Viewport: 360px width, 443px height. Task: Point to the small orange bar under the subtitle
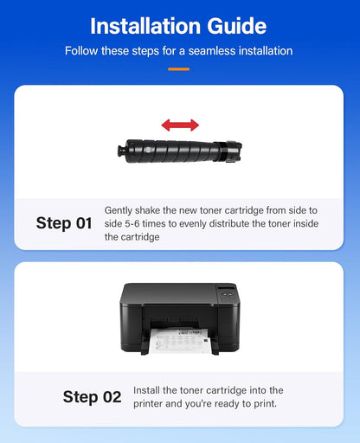(179, 68)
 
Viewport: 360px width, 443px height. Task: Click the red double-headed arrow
(179, 125)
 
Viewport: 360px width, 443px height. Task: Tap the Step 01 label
(64, 222)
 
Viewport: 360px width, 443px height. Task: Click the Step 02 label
(92, 397)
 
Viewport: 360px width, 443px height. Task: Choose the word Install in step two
(149, 391)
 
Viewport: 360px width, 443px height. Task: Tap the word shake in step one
(153, 210)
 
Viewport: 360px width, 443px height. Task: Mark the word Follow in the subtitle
(82, 51)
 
